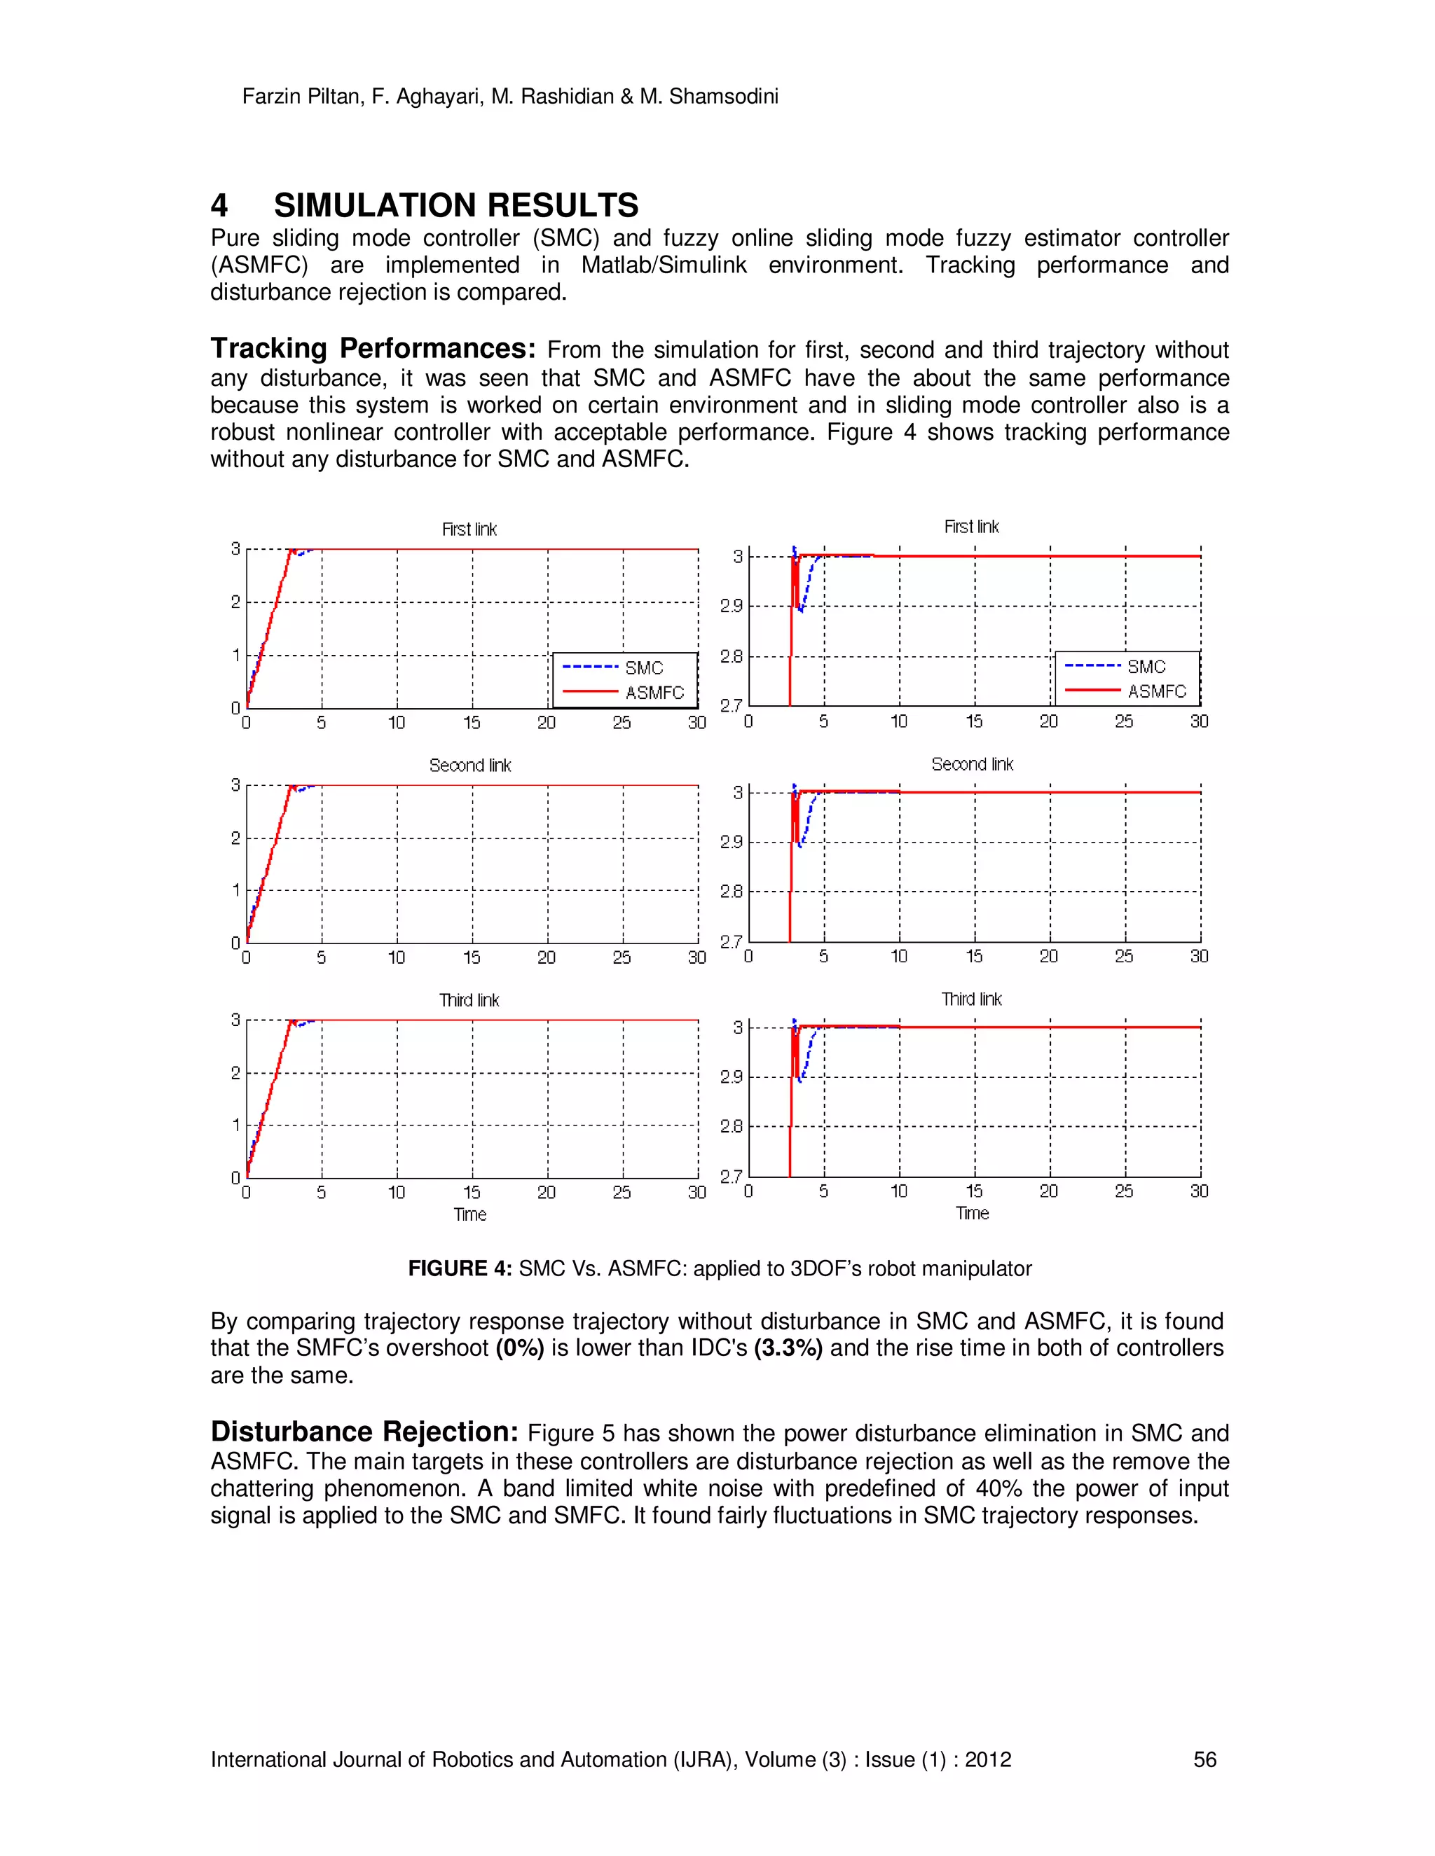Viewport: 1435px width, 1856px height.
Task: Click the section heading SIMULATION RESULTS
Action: point(455,206)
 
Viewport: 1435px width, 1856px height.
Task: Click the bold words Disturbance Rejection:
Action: point(364,1432)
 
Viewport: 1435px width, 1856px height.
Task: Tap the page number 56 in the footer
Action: point(1204,1759)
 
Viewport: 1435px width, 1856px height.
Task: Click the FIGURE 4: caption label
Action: point(459,1269)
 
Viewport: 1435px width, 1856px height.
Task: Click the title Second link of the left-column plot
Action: point(469,766)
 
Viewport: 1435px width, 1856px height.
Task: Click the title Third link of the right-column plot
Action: point(971,999)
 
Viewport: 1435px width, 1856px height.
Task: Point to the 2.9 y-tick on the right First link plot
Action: point(731,607)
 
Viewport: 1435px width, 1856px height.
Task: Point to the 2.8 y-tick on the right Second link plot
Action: point(731,892)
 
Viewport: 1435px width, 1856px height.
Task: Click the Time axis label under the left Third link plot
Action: point(469,1214)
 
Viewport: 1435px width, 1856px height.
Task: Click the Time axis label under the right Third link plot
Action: point(972,1214)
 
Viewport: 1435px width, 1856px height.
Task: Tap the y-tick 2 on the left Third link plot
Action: point(235,1073)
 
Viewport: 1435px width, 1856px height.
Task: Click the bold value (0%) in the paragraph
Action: point(519,1349)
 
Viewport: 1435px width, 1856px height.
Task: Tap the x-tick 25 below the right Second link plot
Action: point(1124,957)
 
